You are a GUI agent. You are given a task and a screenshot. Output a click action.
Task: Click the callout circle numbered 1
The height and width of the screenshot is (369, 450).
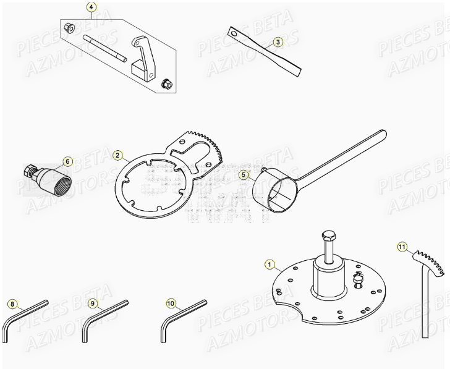point(269,264)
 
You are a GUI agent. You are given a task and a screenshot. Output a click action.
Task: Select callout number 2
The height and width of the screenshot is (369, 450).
point(117,156)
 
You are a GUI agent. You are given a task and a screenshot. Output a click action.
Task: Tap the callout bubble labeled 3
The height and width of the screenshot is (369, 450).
point(278,42)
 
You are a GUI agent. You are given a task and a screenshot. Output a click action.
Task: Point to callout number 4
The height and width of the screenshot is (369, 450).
point(91,8)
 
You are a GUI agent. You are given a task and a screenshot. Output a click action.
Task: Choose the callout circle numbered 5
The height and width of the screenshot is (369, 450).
point(244,175)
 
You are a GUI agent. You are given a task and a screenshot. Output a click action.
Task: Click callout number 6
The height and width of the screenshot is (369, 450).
point(68,162)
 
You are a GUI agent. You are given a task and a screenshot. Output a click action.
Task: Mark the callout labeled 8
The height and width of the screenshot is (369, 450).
point(12,303)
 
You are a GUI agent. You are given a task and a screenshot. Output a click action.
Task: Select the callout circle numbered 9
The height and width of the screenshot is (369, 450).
point(91,303)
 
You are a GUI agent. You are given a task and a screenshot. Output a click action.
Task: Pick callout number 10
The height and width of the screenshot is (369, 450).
point(171,303)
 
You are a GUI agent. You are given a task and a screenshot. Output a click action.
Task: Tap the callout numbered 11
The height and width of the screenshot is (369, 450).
point(402,248)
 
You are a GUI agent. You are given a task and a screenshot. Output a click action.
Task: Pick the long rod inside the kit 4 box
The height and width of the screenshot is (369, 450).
point(106,49)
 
